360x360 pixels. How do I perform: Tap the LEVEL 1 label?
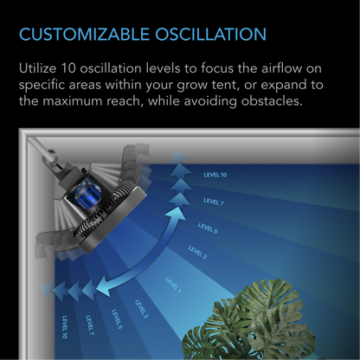(174, 285)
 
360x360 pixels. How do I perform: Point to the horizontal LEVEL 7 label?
(212, 202)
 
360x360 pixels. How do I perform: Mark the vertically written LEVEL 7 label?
(90, 325)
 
